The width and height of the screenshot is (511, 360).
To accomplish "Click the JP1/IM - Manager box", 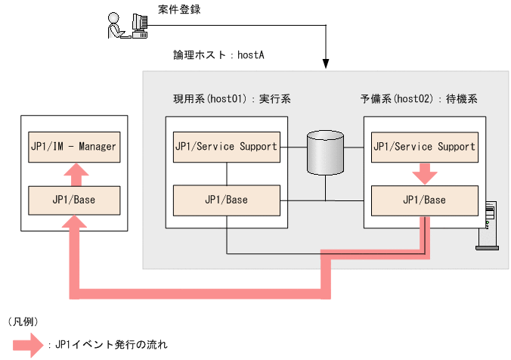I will pos(74,146).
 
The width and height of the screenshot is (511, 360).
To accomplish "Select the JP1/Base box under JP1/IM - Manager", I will pos(74,200).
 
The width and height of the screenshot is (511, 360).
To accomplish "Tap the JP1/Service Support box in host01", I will pos(226,146).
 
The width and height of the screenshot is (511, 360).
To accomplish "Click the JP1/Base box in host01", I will pos(226,200).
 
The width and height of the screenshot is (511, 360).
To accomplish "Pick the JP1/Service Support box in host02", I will pos(424,146).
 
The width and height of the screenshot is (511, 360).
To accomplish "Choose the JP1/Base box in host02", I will pos(424,200).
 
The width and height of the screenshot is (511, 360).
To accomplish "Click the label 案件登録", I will pos(179,9).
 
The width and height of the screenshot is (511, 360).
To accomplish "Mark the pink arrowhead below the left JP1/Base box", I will pos(74,225).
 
